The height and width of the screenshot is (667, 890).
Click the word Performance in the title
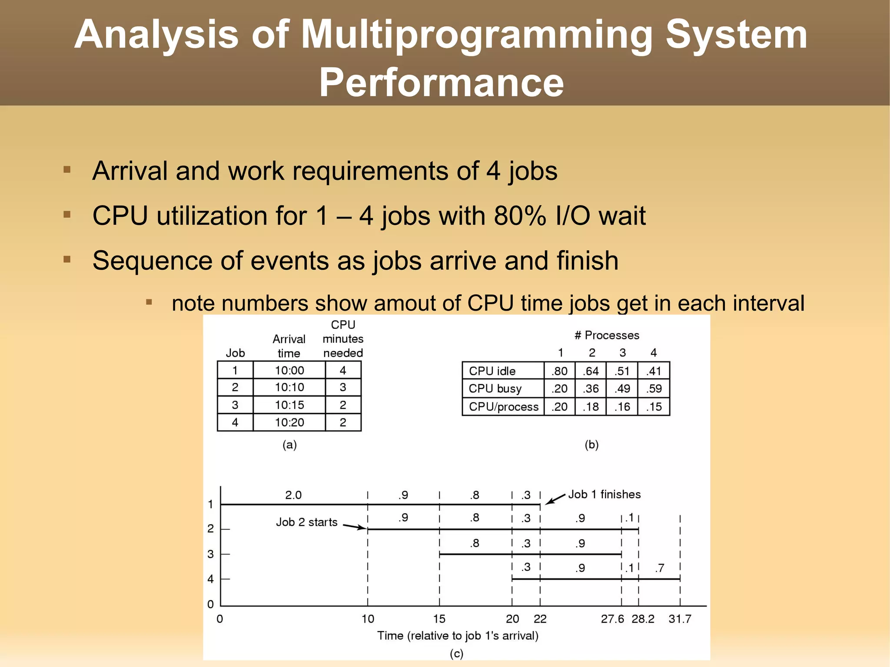point(441,83)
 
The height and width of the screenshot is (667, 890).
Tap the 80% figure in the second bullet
point(520,216)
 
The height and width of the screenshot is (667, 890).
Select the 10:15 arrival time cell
point(289,405)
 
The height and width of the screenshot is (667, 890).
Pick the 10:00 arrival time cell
point(289,371)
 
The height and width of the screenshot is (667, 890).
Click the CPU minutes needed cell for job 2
point(343,387)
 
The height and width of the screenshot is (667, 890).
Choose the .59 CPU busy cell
point(654,388)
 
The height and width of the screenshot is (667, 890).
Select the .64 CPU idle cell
point(591,371)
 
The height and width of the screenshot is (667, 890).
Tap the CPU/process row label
point(503,407)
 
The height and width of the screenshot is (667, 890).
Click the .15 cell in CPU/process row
point(654,407)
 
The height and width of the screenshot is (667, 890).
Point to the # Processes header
point(607,335)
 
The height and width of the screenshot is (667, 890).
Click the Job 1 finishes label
point(604,494)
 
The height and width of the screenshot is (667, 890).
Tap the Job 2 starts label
point(307,522)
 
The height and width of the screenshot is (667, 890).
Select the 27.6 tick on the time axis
point(612,619)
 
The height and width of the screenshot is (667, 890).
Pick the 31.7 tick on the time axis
point(680,619)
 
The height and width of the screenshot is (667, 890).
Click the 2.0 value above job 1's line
point(293,495)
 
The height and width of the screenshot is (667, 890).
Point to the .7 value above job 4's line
point(660,568)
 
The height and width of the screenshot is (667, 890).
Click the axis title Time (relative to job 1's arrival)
point(458,636)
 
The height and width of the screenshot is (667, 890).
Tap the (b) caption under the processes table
point(591,445)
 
